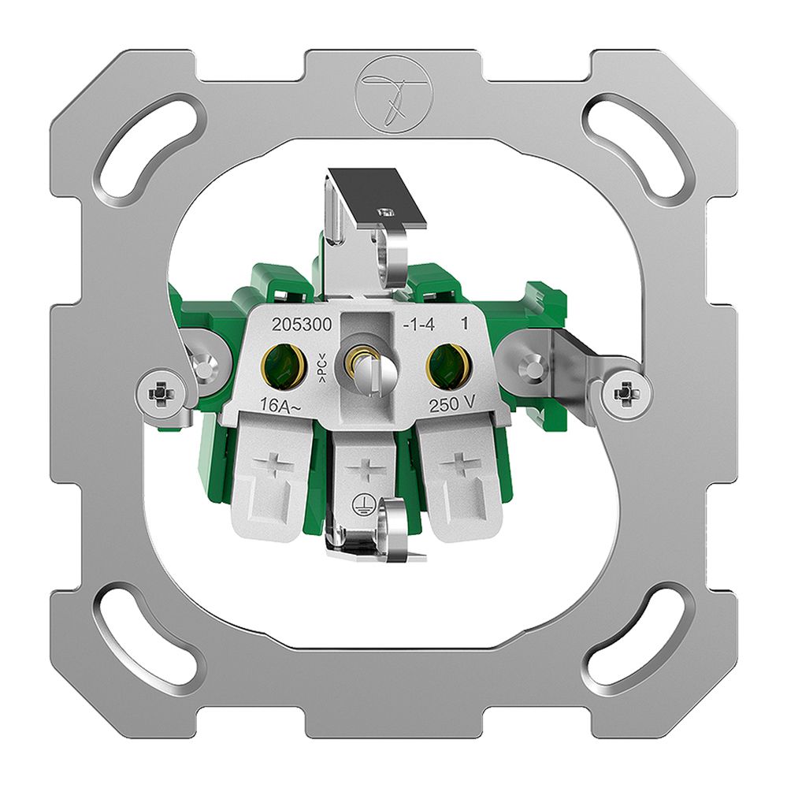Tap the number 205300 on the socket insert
(302, 325)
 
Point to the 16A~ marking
(280, 406)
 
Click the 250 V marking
(452, 404)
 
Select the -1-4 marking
(418, 325)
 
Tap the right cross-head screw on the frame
(626, 391)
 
